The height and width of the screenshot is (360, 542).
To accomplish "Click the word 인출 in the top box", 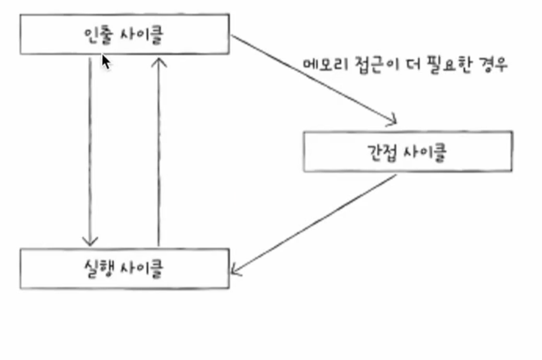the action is click(96, 35).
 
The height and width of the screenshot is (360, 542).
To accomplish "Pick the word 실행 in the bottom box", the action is click(96, 268).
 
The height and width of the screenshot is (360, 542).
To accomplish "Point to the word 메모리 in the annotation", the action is click(320, 65).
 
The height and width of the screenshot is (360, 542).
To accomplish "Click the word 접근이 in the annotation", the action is click(369, 65).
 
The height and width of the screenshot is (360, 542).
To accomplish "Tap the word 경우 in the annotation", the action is click(493, 65).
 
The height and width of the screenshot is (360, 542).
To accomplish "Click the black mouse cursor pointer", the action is click(106, 62).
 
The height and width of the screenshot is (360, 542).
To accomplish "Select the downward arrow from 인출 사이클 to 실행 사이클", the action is click(91, 149).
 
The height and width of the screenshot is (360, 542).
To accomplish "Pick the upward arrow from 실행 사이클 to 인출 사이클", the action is click(159, 149).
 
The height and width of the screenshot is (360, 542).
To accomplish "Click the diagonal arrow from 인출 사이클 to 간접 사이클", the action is click(311, 78).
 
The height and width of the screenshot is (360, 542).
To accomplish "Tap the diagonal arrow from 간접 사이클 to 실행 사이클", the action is click(314, 224).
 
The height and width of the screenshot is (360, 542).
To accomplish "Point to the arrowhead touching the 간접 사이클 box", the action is click(391, 120).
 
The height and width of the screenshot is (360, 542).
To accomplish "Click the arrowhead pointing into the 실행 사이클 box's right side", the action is click(235, 270).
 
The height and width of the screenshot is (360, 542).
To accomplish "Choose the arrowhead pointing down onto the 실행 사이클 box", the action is click(91, 241).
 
